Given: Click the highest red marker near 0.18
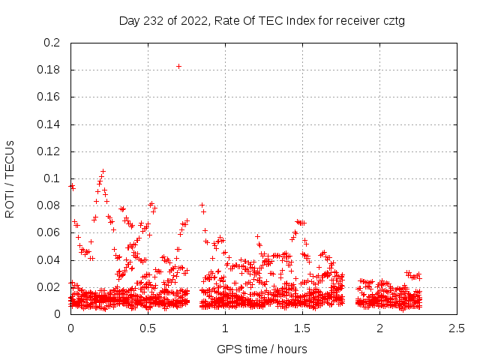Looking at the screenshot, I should point(178,66).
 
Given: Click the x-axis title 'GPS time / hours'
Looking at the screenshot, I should point(262,349).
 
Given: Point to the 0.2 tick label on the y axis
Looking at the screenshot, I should point(52,43).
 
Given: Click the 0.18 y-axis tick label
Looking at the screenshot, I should point(49,70).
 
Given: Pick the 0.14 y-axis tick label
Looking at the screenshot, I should point(49,124).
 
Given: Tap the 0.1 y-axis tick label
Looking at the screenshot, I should point(52,178).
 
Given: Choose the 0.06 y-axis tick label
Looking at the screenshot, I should point(49,233).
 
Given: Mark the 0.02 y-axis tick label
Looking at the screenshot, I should point(49,287).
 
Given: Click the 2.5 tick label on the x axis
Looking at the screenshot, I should point(457,328).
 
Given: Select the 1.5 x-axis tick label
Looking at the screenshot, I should point(302,328).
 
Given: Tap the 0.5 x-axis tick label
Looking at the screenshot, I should point(148,328).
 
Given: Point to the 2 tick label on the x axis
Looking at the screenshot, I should point(379,328).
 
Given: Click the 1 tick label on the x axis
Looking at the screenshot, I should point(225,328).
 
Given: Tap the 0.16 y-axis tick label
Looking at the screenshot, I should point(49,97).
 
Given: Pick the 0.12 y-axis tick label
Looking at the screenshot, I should point(49,151).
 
